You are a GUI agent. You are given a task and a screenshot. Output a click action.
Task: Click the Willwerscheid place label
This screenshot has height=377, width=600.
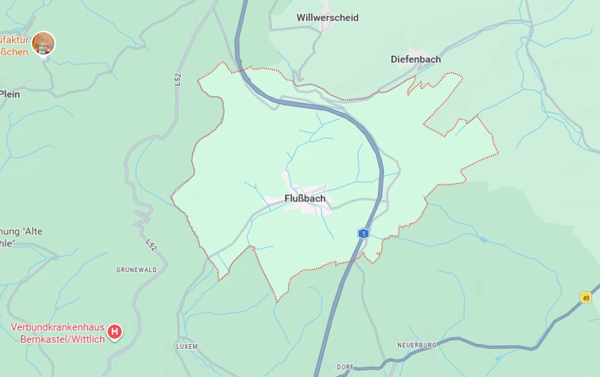[x=328, y=17]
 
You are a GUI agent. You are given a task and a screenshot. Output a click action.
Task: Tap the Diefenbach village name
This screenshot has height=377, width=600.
[x=416, y=59]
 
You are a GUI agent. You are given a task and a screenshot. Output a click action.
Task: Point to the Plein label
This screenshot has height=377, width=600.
[x=10, y=94]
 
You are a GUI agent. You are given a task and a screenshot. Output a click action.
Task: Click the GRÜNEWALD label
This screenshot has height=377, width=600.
[x=137, y=269]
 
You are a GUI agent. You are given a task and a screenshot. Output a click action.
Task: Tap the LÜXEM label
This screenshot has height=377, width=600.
[x=186, y=346]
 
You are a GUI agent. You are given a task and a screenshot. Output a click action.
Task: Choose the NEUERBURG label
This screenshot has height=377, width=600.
[x=417, y=345]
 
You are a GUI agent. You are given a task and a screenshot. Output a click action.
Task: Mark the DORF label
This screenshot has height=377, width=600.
[x=346, y=367]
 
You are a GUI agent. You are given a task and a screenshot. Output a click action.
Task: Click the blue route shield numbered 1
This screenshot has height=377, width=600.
[x=363, y=233]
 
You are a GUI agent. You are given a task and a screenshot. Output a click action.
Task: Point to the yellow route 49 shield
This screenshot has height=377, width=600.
[x=586, y=297]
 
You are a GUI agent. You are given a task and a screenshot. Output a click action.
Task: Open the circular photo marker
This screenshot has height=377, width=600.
[x=44, y=43]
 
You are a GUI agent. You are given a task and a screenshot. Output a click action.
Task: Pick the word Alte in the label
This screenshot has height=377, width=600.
[x=32, y=231]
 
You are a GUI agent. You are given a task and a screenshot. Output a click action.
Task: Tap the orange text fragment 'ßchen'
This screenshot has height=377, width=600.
[x=14, y=51]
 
